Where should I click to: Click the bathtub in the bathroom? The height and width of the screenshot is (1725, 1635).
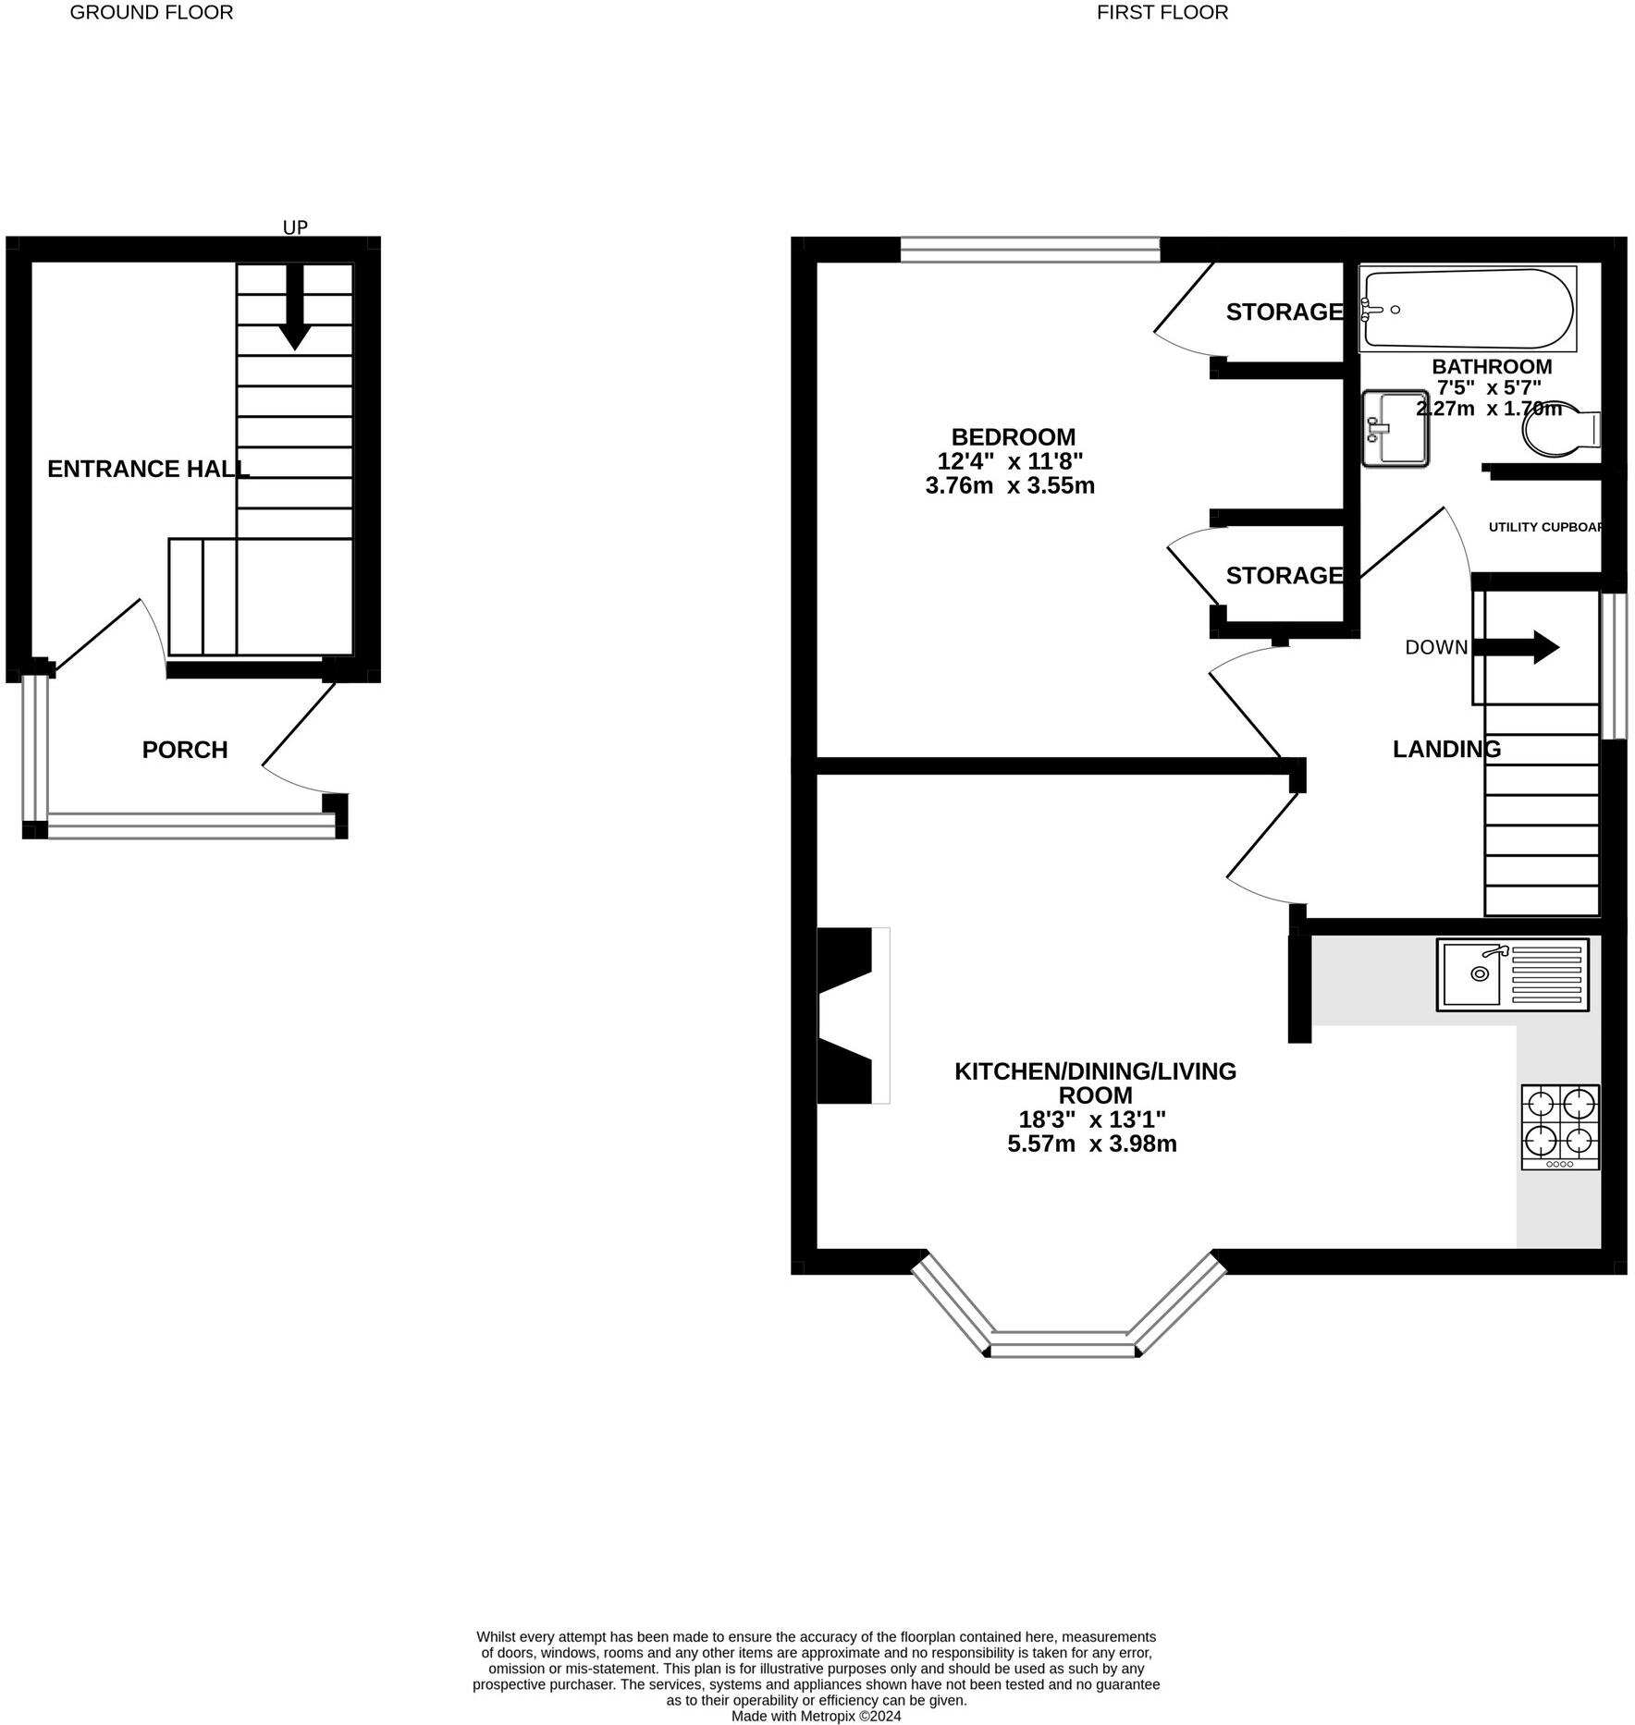pyautogui.click(x=1468, y=309)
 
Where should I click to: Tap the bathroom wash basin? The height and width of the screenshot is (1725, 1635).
pyautogui.click(x=1395, y=428)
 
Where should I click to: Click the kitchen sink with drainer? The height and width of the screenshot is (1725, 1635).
pyautogui.click(x=1512, y=974)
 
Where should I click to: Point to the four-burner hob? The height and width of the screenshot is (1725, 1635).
pyautogui.click(x=1560, y=1127)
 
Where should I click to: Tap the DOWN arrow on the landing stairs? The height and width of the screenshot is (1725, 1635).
pyautogui.click(x=1517, y=647)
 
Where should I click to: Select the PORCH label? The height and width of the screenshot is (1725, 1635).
pyautogui.click(x=185, y=750)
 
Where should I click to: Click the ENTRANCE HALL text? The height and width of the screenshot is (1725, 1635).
pyautogui.click(x=148, y=469)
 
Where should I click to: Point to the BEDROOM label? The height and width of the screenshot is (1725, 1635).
pyautogui.click(x=1014, y=436)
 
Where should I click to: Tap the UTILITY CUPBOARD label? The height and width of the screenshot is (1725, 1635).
pyautogui.click(x=1545, y=527)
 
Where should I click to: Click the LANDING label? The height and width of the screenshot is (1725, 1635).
pyautogui.click(x=1446, y=749)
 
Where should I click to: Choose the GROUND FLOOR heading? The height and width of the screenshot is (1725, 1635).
pyautogui.click(x=152, y=12)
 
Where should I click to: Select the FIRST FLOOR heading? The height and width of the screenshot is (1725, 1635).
pyautogui.click(x=1162, y=12)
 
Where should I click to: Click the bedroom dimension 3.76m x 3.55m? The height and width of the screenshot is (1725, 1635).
pyautogui.click(x=1010, y=485)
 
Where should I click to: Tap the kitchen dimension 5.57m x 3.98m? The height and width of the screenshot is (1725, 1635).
pyautogui.click(x=1091, y=1144)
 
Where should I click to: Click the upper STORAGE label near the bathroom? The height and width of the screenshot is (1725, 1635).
pyautogui.click(x=1284, y=312)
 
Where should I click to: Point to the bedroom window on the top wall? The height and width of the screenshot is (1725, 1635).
pyautogui.click(x=1029, y=249)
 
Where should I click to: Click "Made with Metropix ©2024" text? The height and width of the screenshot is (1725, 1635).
pyautogui.click(x=816, y=1716)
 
